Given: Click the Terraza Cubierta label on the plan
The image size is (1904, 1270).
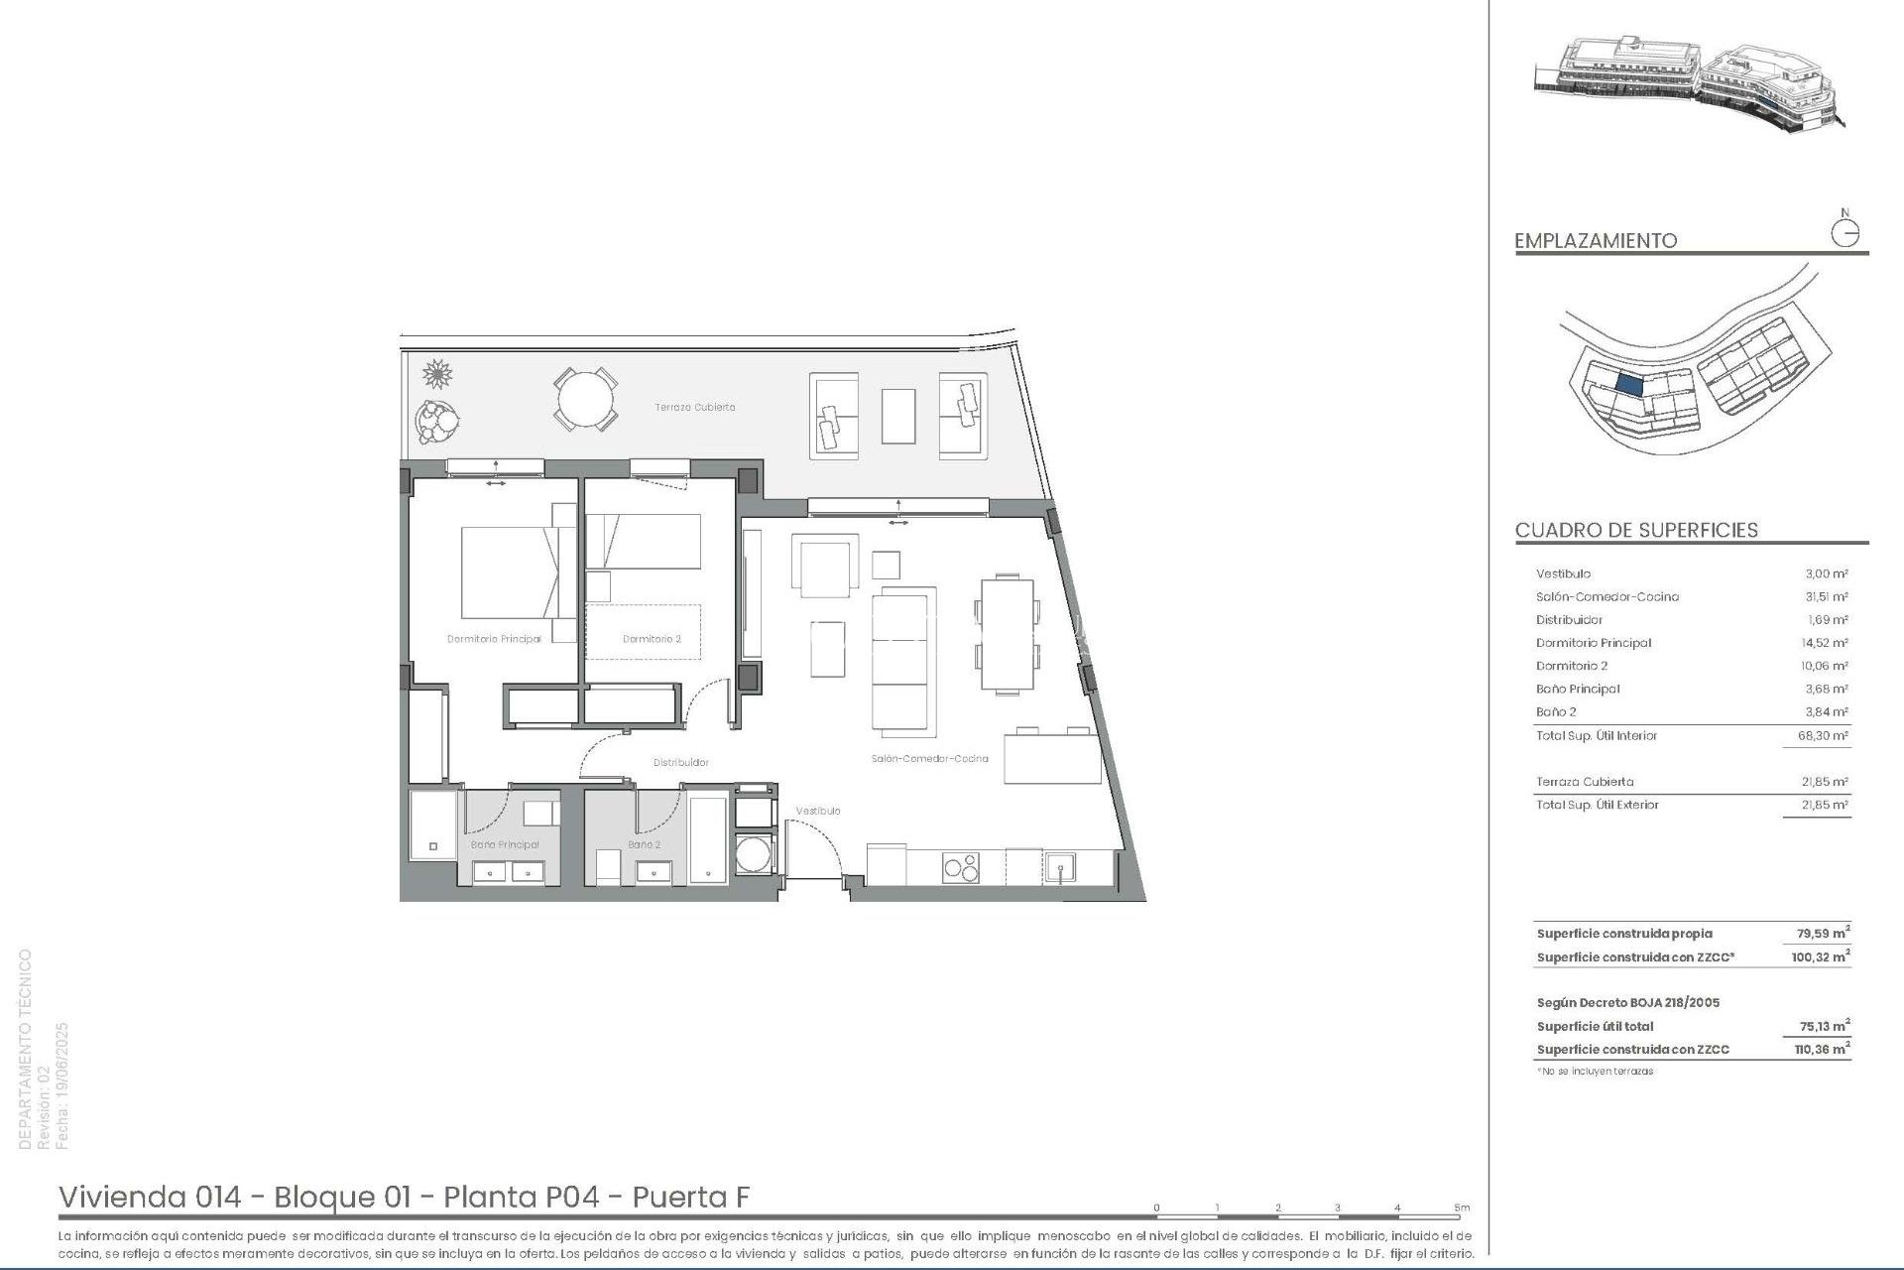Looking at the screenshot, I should point(694,407).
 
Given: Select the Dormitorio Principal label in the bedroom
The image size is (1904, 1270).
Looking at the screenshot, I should point(494,639).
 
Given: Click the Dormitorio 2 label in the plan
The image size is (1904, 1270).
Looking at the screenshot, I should point(652,639).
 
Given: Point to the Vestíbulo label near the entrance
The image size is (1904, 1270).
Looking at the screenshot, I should point(818,811).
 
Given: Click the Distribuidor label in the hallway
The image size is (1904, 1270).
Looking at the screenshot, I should point(680,762).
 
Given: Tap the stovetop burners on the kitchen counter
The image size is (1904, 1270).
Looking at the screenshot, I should point(960,867).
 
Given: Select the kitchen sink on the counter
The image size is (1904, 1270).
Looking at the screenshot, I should point(1060,868).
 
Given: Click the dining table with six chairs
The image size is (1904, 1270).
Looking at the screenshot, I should point(1007,635).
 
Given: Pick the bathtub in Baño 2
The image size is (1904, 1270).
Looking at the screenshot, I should point(707,839).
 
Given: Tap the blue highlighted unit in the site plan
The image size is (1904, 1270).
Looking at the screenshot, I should point(1629,384).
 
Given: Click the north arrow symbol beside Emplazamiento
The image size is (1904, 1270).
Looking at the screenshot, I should point(1844,233).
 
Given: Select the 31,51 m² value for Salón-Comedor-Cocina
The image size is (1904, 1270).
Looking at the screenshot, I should point(1825,596).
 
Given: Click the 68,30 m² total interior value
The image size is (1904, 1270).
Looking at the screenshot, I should point(1825,735).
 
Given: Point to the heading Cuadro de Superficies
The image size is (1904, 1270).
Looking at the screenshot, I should point(1636,530).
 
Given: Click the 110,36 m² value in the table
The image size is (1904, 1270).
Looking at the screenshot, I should point(1822,1049).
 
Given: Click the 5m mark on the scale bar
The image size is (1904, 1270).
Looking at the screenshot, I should point(1461,1207).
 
